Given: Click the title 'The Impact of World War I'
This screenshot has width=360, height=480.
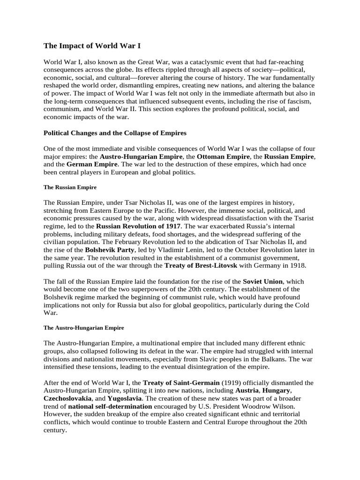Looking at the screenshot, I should (92, 46).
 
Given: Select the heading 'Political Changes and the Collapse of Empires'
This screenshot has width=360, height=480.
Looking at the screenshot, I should (115, 133).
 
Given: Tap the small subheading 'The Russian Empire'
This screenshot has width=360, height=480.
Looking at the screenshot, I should (70, 187).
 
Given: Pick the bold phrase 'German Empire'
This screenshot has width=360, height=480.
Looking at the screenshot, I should (92, 164).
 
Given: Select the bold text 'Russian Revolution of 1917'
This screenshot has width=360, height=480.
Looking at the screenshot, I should (139, 226).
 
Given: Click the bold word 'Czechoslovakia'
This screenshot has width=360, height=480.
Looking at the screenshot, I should (68, 398).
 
